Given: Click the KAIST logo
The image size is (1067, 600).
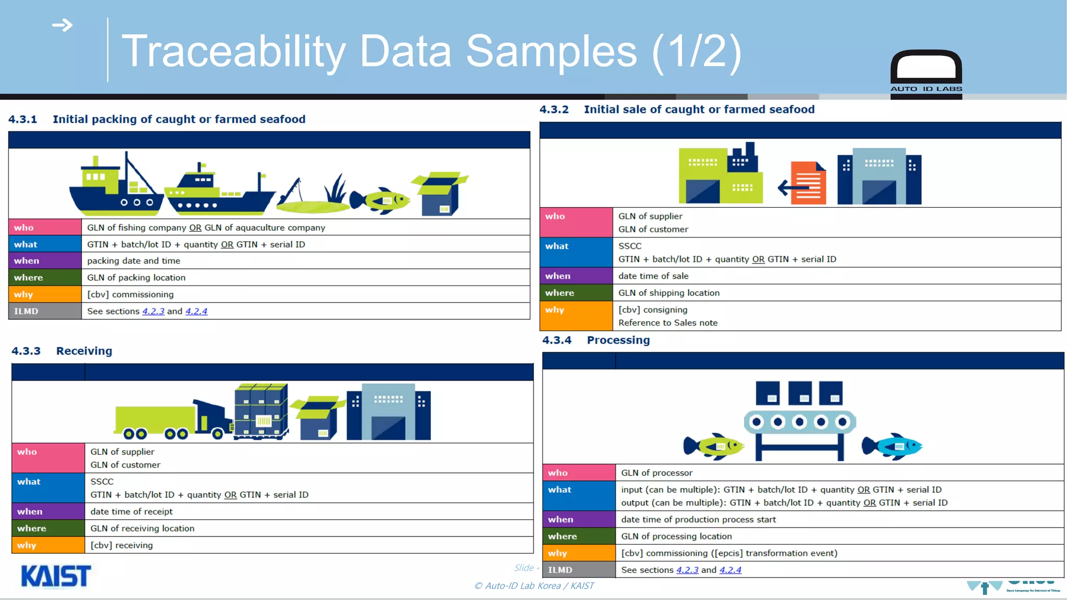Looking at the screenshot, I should [56, 576].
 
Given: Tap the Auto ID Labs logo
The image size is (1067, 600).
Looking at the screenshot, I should [926, 73].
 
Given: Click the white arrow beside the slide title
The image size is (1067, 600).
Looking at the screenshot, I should [63, 25].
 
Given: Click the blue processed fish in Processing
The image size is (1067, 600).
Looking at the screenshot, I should [892, 446].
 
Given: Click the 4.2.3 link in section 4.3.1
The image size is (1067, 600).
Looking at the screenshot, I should [153, 311].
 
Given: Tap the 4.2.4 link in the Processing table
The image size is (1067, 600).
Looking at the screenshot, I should [730, 570].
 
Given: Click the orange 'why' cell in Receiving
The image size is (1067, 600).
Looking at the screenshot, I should [48, 545].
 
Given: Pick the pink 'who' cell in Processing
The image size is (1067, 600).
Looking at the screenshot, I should [579, 473].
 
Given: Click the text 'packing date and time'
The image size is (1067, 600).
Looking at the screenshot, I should [133, 261].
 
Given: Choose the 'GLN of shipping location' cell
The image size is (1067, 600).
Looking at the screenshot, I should [669, 293].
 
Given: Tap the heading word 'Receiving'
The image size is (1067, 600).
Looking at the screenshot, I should [84, 351].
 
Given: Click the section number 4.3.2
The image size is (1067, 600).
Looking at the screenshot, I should [554, 109].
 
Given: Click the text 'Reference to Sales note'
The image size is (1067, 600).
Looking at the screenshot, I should [668, 323].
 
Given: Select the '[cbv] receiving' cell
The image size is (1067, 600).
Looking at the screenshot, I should [121, 545].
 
